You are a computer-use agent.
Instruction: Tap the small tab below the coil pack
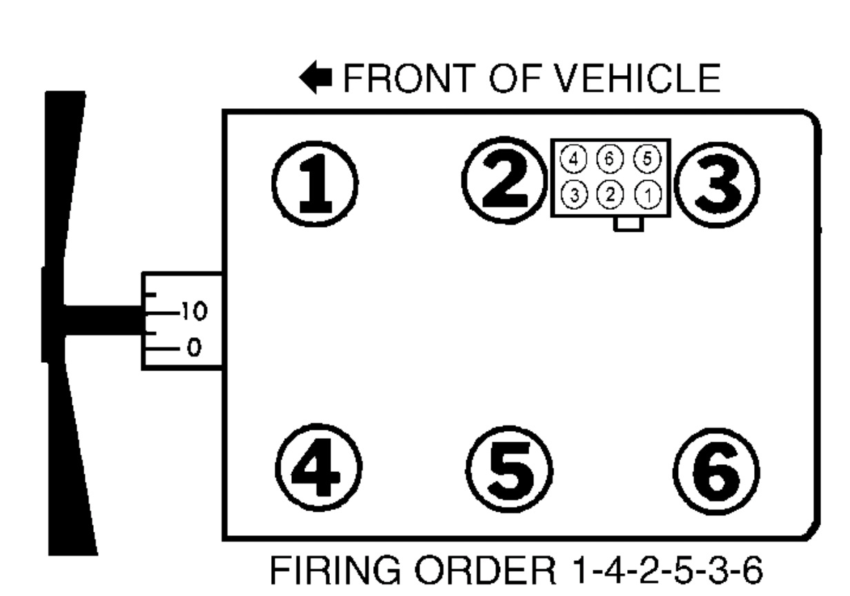point(629,223)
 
